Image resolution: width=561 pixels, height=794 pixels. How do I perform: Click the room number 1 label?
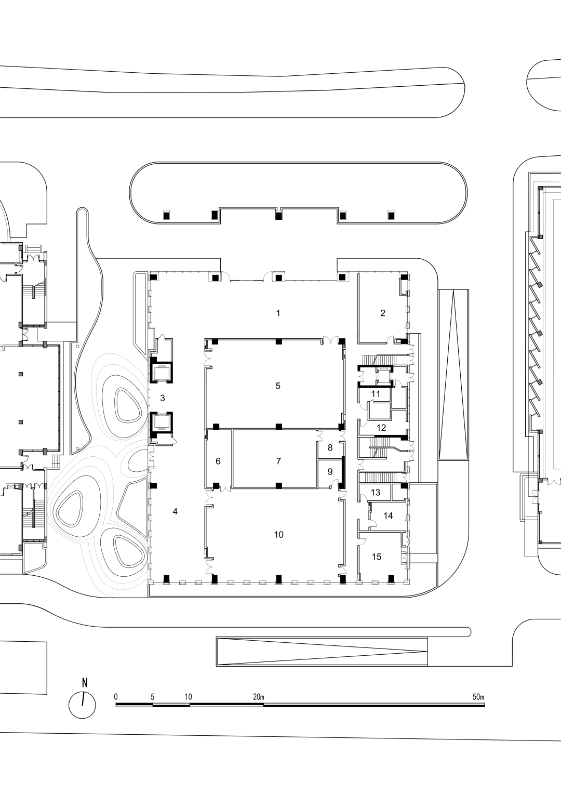tap(278, 313)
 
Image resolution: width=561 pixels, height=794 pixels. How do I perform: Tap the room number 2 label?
tap(383, 313)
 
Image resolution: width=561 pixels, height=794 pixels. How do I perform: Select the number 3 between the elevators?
tap(163, 398)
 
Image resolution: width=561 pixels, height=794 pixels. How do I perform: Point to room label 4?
tap(175, 511)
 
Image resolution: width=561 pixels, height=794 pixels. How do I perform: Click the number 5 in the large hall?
tap(278, 386)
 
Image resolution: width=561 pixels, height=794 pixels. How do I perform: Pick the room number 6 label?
tap(218, 461)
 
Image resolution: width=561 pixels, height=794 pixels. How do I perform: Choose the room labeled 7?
tap(278, 461)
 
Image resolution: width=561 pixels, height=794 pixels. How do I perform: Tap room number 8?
tap(330, 447)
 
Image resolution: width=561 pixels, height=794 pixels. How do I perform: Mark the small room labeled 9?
tap(330, 472)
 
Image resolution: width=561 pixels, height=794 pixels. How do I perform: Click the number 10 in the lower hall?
tap(278, 534)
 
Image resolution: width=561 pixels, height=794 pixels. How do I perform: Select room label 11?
tap(376, 394)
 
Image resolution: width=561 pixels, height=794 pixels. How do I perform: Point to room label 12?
tap(381, 428)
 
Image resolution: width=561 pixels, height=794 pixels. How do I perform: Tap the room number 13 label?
tap(376, 492)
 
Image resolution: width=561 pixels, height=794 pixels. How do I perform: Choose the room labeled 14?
tap(388, 515)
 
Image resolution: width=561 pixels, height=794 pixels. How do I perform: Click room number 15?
tap(377, 557)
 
